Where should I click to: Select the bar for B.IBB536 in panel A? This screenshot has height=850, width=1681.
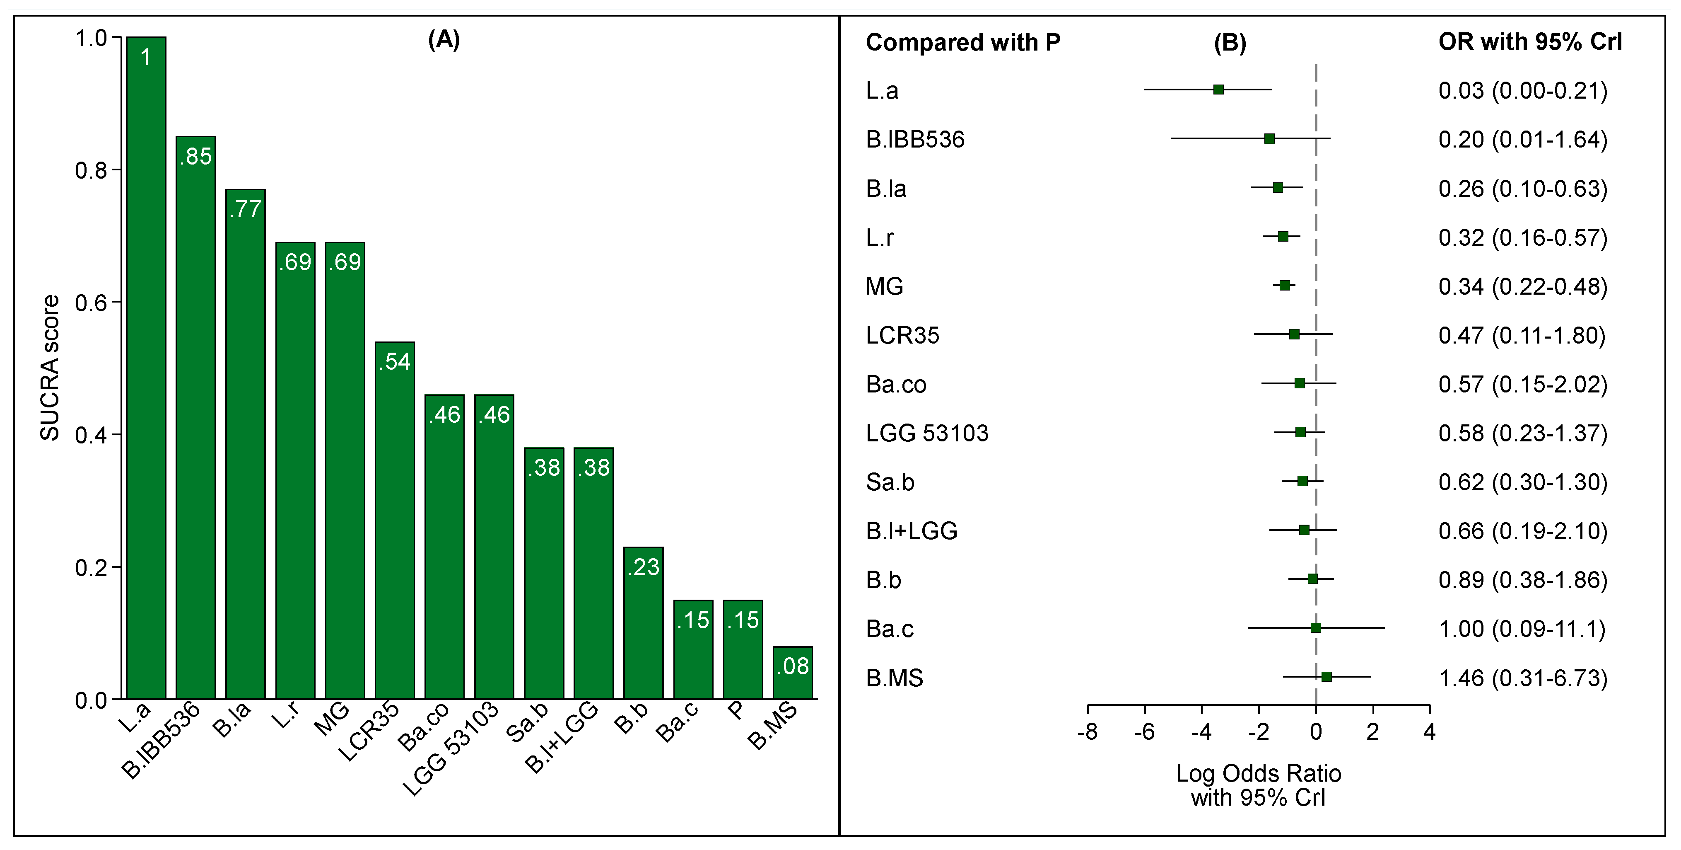pos(196,418)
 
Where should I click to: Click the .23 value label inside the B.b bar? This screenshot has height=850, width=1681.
pos(644,567)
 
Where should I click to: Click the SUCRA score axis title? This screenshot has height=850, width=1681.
pos(50,368)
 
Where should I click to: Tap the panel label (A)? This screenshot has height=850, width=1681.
pos(444,41)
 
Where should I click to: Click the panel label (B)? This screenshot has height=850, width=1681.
pos(1230,43)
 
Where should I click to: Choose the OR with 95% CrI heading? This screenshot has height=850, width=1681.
pos(1529,42)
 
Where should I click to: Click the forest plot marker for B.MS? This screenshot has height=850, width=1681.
pos(1326,677)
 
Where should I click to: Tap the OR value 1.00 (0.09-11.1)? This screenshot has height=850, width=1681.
pos(1522,629)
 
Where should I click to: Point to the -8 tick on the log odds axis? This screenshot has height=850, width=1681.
pos(1087,732)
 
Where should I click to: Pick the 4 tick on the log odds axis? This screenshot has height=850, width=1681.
pos(1430,732)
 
